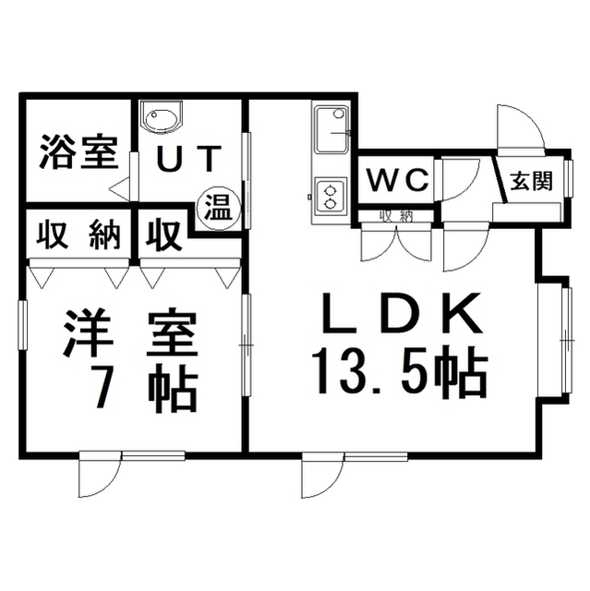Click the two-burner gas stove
point(331,196)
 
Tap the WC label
point(398,179)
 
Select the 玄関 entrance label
point(532,181)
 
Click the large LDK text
point(402,312)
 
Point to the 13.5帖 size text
point(399,369)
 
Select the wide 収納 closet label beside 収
point(78,235)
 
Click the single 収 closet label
point(163,236)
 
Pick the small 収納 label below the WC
point(395,216)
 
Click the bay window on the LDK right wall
point(566,341)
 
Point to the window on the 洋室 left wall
point(23,326)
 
